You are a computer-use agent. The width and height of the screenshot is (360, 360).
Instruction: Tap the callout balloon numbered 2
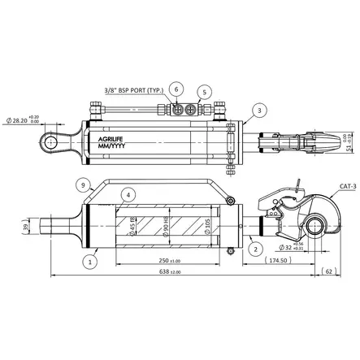point(255,248)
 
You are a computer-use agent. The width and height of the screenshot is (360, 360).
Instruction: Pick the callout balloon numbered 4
point(128,195)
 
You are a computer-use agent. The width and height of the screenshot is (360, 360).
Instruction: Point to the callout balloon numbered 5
point(204,92)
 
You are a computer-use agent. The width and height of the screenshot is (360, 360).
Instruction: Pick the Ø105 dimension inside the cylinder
point(207,223)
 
